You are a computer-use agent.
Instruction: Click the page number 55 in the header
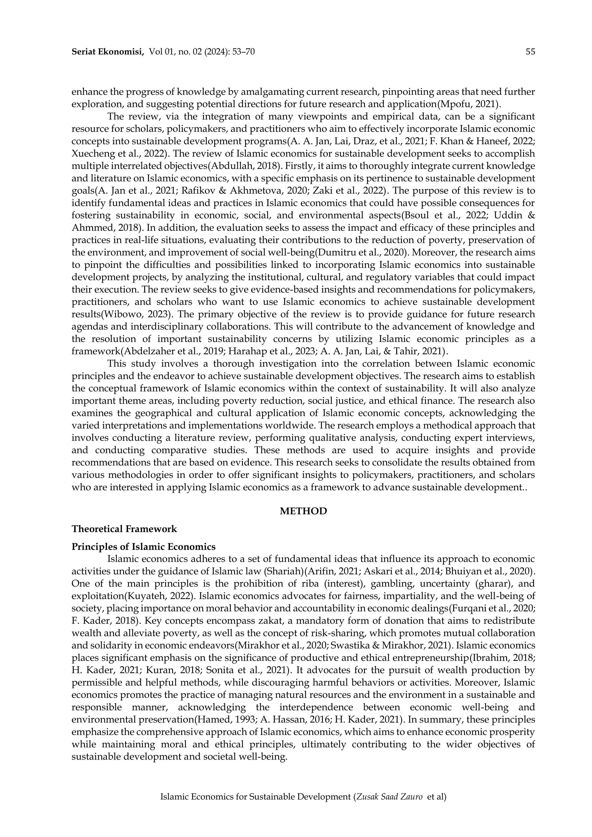point(530,52)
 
